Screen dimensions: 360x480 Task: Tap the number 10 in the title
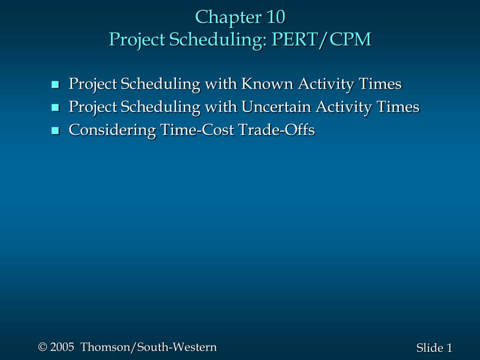(276, 17)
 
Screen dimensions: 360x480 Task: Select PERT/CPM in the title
(322, 40)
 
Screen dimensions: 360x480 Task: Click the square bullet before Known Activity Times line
(55, 85)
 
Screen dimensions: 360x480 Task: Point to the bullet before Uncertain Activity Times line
(55, 108)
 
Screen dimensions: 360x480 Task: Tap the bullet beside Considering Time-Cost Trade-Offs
(55, 130)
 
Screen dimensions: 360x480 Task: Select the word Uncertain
(276, 107)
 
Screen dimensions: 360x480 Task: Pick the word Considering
(112, 130)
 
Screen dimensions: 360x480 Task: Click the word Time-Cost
(197, 130)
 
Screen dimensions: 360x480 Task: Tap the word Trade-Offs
(277, 130)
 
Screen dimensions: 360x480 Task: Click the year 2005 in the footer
(62, 347)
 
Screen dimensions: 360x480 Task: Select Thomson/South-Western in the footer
(149, 347)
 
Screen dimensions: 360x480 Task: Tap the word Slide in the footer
(429, 348)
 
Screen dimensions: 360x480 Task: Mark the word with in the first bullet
(220, 84)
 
